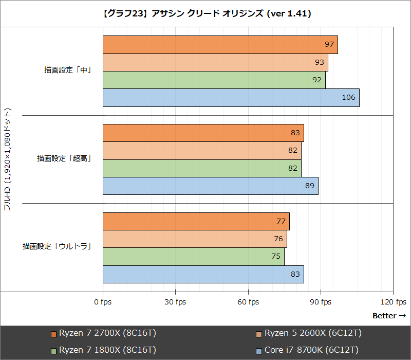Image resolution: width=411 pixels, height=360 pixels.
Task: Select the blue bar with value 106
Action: point(231,98)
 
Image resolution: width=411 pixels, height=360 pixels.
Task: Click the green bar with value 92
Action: point(214,80)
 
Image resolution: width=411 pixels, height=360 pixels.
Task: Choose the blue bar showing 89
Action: point(210,186)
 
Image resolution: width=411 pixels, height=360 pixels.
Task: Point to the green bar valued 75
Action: point(193,257)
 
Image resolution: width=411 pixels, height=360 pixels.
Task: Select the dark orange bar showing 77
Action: point(196,222)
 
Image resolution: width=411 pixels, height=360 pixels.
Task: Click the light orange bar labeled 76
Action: point(195,239)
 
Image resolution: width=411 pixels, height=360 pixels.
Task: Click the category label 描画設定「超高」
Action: point(64,159)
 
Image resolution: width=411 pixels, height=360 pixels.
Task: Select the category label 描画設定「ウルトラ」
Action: point(57,247)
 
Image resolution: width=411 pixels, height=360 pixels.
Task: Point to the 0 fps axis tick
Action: point(103,302)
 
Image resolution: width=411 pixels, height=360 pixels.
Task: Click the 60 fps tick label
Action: point(248,302)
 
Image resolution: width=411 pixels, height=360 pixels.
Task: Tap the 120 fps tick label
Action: point(394,302)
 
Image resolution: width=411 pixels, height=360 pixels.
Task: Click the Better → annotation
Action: point(389,316)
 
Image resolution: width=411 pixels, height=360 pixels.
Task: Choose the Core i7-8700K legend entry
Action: point(307,350)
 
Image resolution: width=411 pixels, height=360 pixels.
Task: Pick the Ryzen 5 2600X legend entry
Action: point(309,333)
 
